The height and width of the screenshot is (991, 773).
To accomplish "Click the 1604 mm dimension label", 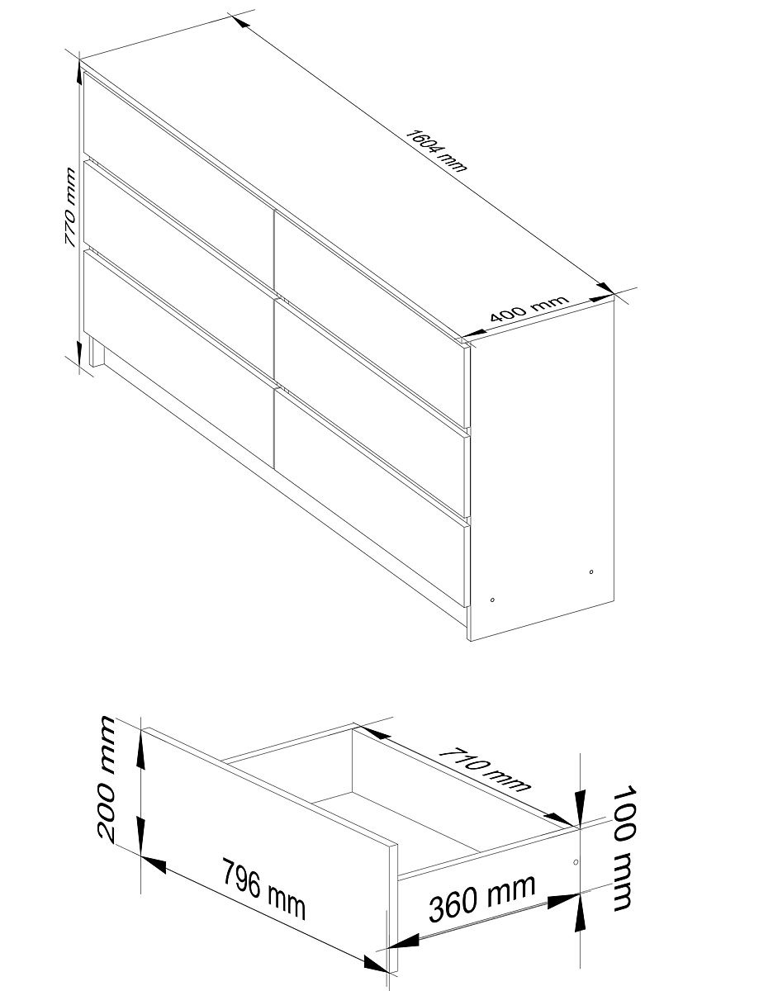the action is tap(436, 151).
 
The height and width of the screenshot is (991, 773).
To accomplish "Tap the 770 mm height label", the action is tap(69, 207).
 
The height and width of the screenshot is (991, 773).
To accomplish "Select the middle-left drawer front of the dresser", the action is tap(178, 269).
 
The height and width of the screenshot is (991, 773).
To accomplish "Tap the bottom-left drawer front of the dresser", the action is tap(178, 359).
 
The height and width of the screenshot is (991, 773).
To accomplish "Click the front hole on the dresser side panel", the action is tap(492, 600).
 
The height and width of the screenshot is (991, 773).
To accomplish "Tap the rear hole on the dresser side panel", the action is tap(591, 571).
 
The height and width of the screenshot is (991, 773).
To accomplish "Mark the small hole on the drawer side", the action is tap(576, 862).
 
